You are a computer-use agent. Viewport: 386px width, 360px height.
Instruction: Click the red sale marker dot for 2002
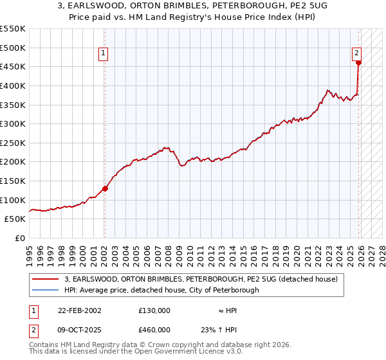[105, 188]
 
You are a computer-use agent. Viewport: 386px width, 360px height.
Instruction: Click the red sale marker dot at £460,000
[358, 63]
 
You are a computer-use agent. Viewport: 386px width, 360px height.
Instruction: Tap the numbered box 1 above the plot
[104, 54]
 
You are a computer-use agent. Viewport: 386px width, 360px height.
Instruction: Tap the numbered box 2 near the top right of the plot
[356, 54]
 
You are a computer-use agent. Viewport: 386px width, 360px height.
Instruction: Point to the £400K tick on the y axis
[13, 85]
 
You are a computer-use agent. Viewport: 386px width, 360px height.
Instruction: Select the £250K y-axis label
[13, 143]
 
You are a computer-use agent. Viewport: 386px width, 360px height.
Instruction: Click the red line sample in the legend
[46, 279]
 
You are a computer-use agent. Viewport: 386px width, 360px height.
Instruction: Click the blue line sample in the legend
[46, 290]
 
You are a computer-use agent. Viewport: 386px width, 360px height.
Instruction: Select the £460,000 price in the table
[154, 329]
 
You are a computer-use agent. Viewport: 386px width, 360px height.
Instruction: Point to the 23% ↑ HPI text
[218, 329]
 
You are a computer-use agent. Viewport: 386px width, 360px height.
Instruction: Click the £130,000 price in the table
[154, 310]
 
